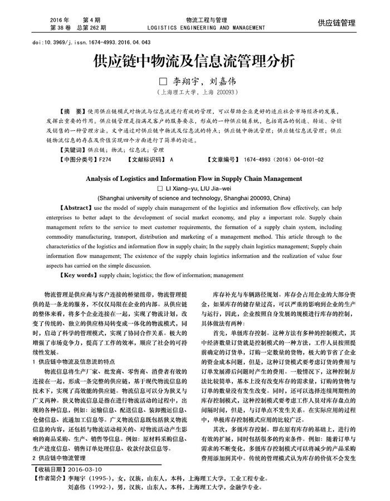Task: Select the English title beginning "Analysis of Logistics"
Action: pyautogui.click(x=195, y=180)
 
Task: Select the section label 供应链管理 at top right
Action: pyautogui.click(x=337, y=23)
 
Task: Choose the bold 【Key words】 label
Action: pyautogui.click(x=79, y=275)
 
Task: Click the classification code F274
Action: pyautogui.click(x=105, y=159)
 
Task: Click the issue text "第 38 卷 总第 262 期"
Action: pyautogui.click(x=78, y=27)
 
